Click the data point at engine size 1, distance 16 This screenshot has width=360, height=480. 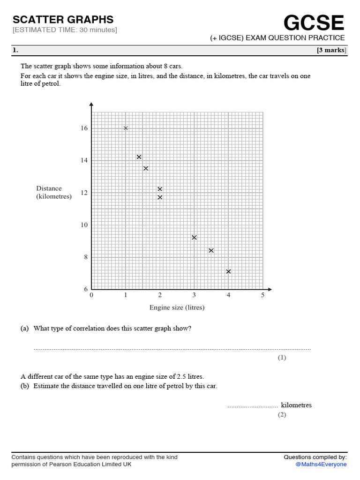click(x=126, y=128)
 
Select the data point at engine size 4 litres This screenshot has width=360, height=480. click(x=228, y=271)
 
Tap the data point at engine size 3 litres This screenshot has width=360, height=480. click(x=194, y=238)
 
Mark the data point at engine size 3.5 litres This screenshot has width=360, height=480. click(x=211, y=251)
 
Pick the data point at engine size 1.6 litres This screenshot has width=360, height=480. click(x=146, y=168)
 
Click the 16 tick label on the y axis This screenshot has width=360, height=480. click(x=84, y=128)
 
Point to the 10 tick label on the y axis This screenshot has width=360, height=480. click(x=84, y=225)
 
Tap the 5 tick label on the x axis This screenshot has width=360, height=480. click(x=262, y=295)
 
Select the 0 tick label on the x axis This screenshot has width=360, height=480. click(x=91, y=295)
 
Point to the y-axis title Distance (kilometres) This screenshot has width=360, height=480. click(x=54, y=193)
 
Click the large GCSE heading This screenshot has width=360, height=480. click(x=314, y=22)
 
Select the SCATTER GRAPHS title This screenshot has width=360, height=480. click(x=63, y=20)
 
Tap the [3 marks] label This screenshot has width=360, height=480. click(x=331, y=51)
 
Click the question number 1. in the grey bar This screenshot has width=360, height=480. click(x=15, y=51)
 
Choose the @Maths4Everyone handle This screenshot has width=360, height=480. click(x=321, y=465)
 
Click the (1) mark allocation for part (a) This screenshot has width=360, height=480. click(x=281, y=358)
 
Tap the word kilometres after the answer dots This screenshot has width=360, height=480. click(x=296, y=405)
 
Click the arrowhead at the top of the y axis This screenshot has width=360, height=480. click(x=91, y=105)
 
